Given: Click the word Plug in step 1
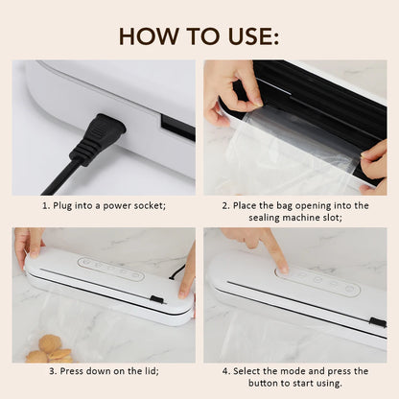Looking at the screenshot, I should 66,205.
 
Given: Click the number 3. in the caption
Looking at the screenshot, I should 49,370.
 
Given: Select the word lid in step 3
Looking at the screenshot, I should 149,370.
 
